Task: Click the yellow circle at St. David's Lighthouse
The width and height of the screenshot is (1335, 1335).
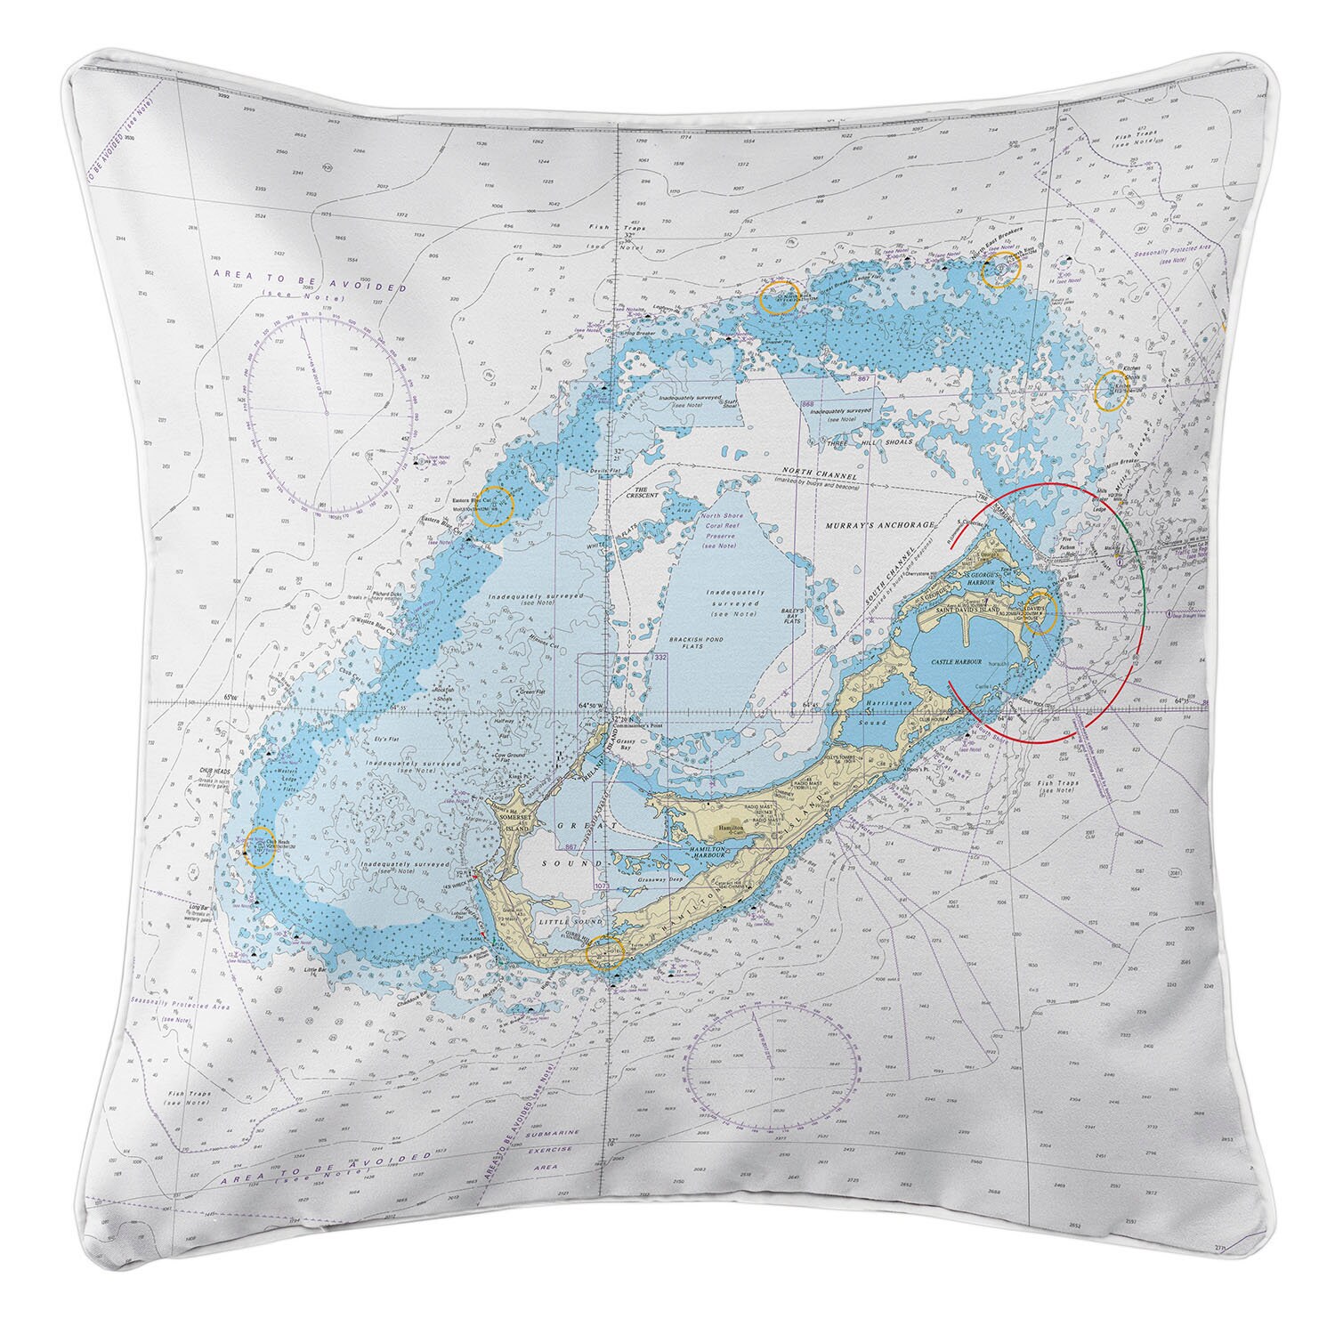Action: (1040, 611)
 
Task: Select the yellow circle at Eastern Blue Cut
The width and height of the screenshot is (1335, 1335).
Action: (493, 505)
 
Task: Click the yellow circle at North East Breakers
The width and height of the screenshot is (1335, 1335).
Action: (999, 270)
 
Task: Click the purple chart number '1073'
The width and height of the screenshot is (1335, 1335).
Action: (601, 886)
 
